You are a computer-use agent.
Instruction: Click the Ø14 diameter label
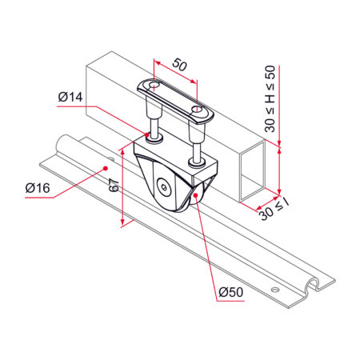70,97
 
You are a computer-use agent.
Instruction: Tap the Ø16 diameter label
38,188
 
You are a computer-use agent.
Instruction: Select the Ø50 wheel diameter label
231,292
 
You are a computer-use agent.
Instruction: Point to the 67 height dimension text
114,185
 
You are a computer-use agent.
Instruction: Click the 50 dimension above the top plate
180,65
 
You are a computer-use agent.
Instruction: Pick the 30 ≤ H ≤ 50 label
270,99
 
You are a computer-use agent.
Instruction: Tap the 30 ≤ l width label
274,210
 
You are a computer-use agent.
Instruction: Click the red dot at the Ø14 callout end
147,134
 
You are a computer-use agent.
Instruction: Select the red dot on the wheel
195,195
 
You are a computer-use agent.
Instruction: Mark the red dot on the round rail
106,168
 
